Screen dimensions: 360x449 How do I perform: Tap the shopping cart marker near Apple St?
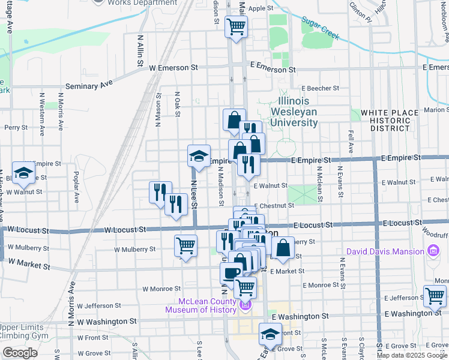pyautogui.click(x=237, y=26)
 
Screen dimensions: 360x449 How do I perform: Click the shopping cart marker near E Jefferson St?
pyautogui.click(x=435, y=295)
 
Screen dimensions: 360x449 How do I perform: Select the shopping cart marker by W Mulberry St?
pyautogui.click(x=186, y=245)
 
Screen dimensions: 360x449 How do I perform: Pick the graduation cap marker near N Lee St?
pyautogui.click(x=199, y=156)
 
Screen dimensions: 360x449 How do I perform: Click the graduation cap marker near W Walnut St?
pyautogui.click(x=24, y=173)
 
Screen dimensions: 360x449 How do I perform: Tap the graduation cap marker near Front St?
pyautogui.click(x=270, y=334)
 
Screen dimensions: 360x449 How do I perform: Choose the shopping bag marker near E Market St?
pyautogui.click(x=283, y=247)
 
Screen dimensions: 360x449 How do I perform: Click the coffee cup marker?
pyautogui.click(x=231, y=274)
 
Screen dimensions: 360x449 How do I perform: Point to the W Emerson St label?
pyautogui.click(x=173, y=68)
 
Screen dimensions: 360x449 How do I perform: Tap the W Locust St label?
pyautogui.click(x=125, y=229)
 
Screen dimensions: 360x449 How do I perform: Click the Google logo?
pyautogui.click(x=20, y=353)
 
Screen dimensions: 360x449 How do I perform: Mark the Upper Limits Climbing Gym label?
pyautogui.click(x=22, y=331)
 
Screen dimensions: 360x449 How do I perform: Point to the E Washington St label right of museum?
pyautogui.click(x=300, y=316)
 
